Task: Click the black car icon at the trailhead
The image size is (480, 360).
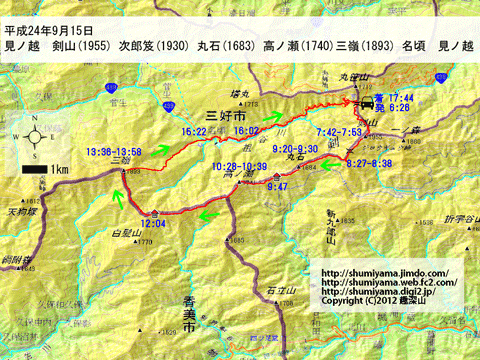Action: point(367,103)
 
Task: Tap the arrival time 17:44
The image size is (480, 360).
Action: point(404,95)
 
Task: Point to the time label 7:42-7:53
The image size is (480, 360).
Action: point(338,132)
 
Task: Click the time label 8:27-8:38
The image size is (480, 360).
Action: point(369,161)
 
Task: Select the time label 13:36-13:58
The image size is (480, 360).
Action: point(112,151)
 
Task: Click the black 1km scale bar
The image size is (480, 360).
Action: point(31,170)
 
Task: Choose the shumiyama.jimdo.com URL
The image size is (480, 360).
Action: point(384,272)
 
